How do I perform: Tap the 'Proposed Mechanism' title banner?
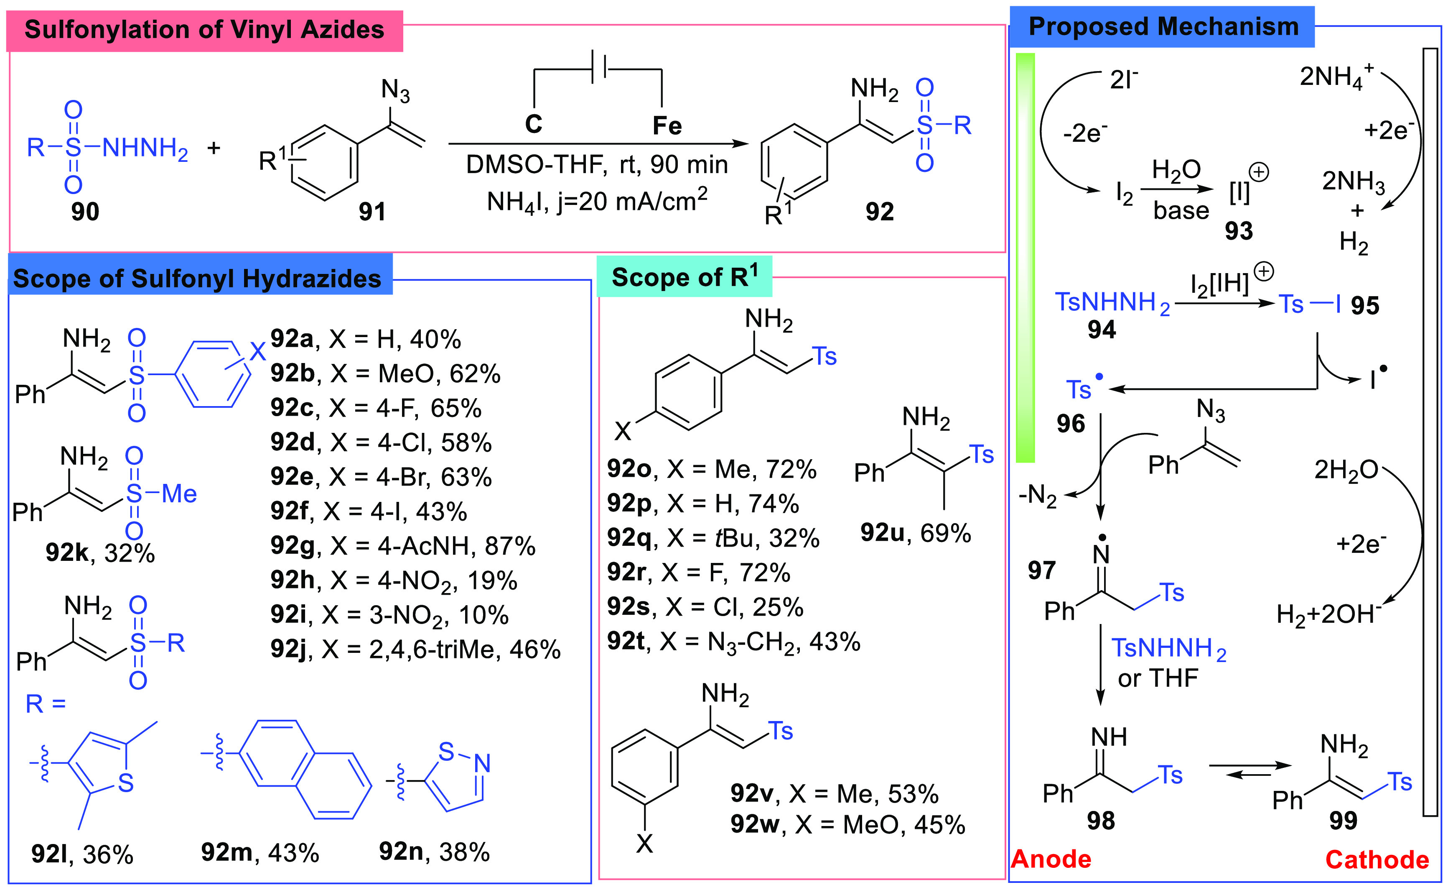1163,27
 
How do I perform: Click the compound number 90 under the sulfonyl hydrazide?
85,211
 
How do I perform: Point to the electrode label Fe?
667,126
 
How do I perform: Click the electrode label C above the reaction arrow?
534,124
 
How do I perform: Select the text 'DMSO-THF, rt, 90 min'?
596,165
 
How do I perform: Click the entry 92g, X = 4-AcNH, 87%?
403,546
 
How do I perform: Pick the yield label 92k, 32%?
100,553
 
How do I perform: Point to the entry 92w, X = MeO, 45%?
847,825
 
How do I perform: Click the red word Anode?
1051,859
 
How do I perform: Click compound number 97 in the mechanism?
1041,570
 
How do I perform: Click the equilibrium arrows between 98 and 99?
1250,770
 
